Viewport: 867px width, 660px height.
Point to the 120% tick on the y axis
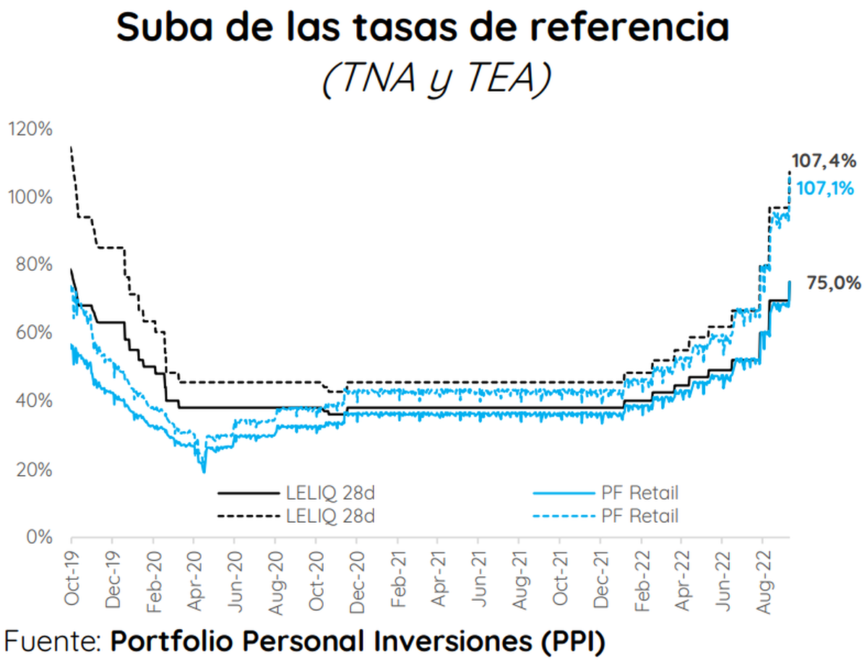click(30, 129)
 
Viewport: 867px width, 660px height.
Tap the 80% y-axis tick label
click(33, 265)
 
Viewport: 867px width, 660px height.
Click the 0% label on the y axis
click(39, 538)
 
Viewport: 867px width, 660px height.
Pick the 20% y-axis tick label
click(33, 470)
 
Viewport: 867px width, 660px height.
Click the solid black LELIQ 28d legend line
click(248, 494)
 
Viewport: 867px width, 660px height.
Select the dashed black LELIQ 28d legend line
click(248, 516)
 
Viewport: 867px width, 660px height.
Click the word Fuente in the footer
click(53, 640)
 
